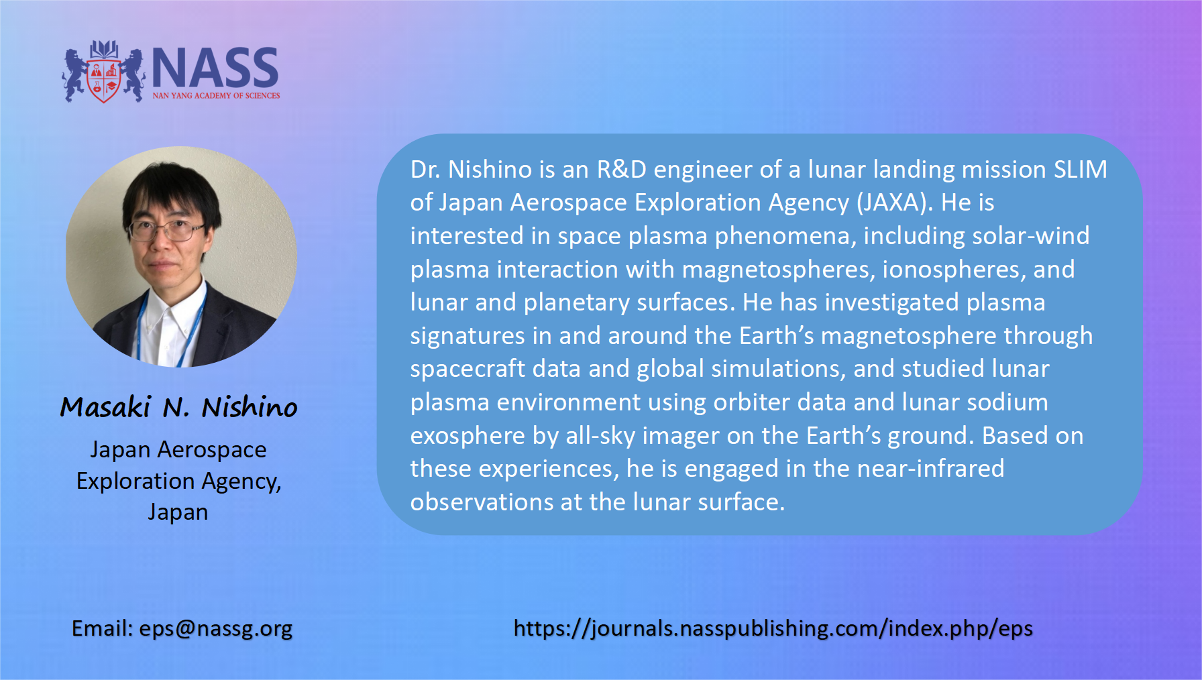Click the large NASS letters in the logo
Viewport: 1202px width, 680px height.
(x=215, y=68)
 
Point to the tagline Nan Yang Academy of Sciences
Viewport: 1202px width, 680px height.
(x=216, y=96)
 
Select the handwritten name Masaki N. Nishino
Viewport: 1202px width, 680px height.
(x=178, y=407)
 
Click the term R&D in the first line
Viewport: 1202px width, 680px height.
(x=622, y=170)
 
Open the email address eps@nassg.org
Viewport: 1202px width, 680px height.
(x=216, y=629)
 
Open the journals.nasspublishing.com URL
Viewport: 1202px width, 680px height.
(x=773, y=629)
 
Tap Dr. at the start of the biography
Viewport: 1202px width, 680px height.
(x=425, y=170)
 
